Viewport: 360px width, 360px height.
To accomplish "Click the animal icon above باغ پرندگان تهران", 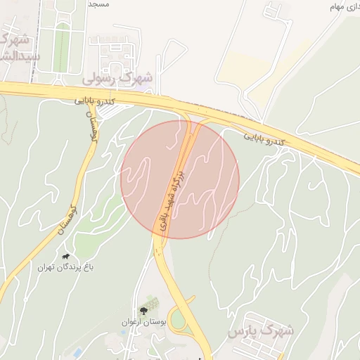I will tap(66, 257).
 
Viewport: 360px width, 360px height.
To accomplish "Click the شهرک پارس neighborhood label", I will tap(264, 330).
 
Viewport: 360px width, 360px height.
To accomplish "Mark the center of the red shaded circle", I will tap(180, 179).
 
